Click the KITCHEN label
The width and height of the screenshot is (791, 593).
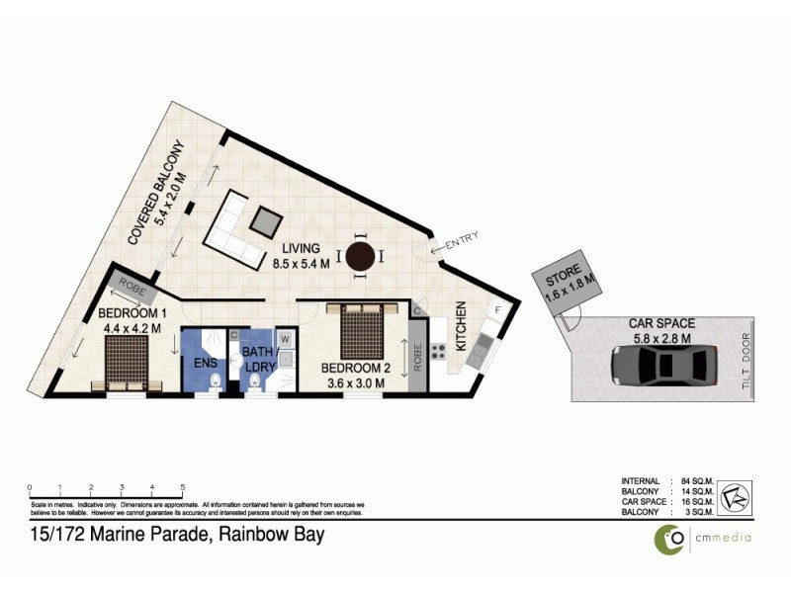tap(461, 327)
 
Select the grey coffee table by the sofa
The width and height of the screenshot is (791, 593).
tap(265, 221)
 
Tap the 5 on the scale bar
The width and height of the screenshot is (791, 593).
tap(183, 487)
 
